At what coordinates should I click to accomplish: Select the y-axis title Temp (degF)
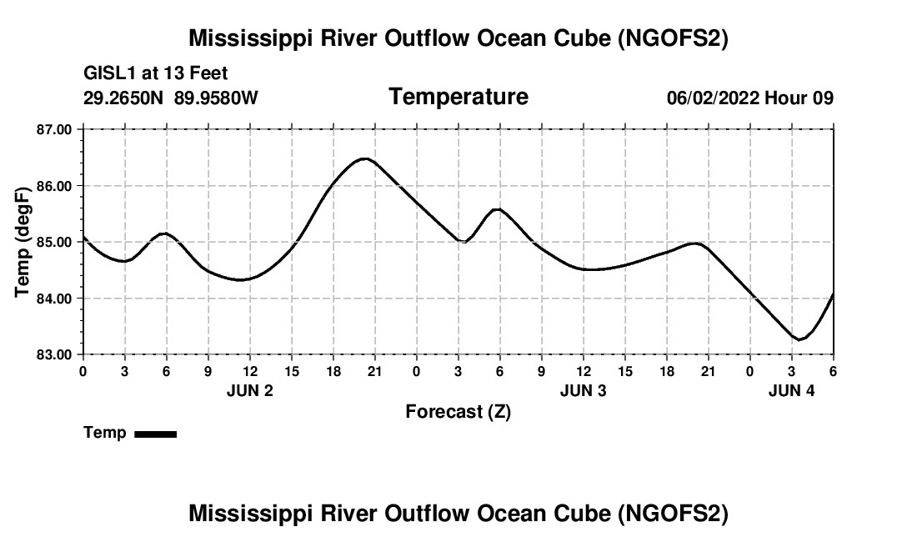pyautogui.click(x=23, y=242)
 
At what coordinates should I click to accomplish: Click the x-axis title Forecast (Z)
pyautogui.click(x=458, y=411)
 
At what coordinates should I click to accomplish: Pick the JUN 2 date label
pyautogui.click(x=250, y=390)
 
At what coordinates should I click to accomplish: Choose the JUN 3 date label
pyautogui.click(x=584, y=390)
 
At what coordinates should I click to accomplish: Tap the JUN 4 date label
pyautogui.click(x=791, y=390)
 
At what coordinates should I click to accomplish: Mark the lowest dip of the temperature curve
pyautogui.click(x=799, y=339)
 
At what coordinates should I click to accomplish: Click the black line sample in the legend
pyautogui.click(x=155, y=434)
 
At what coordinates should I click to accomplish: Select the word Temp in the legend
pyautogui.click(x=105, y=433)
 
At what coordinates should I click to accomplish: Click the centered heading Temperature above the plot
pyautogui.click(x=458, y=97)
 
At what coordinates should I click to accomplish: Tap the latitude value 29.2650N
pyautogui.click(x=124, y=98)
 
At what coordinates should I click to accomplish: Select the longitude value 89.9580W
pyautogui.click(x=216, y=98)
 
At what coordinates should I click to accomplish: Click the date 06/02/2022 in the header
pyautogui.click(x=713, y=98)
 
